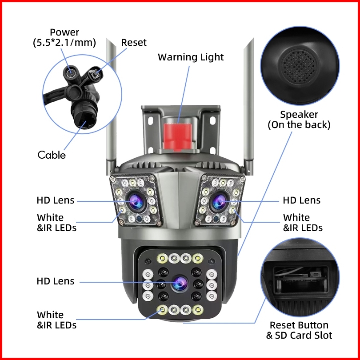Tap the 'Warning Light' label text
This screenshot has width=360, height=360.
[x=191, y=57]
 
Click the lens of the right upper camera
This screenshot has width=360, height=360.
[x=219, y=202]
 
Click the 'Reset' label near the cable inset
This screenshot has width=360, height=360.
[x=134, y=43]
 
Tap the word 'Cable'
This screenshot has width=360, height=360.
[x=52, y=155]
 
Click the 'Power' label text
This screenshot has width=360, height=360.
[x=64, y=32]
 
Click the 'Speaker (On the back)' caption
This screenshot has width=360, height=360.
[x=299, y=120]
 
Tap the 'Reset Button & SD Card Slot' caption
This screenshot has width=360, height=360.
[x=299, y=330]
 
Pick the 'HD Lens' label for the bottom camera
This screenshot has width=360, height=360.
[x=56, y=281]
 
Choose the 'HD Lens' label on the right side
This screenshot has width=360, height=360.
[x=302, y=200]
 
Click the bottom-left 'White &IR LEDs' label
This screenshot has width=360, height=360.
[x=56, y=320]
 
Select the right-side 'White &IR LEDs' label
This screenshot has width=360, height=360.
[x=303, y=223]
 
